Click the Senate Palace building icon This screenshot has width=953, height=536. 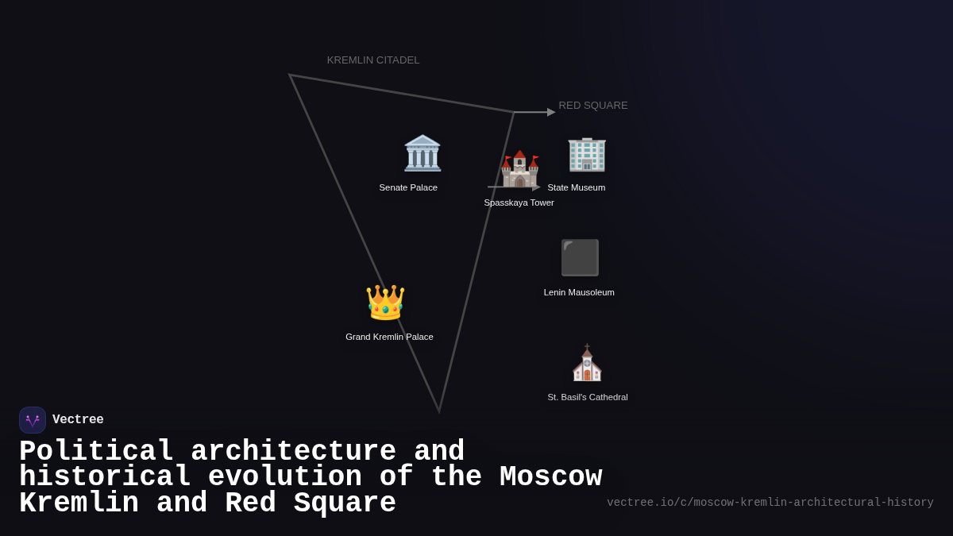pos(422,153)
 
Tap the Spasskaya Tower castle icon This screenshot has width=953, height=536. pos(519,168)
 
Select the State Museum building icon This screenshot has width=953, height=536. pos(586,153)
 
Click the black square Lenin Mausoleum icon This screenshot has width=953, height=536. pos(580,257)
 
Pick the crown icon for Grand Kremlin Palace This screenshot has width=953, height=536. pos(385,303)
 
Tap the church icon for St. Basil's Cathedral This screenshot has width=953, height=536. pos(587,363)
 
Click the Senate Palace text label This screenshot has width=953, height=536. pos(408,187)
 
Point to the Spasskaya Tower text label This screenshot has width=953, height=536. pos(519,202)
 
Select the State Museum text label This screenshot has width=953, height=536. pos(576,187)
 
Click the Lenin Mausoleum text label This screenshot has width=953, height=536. pos(579,292)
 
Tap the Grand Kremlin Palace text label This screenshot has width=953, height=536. pos(389,337)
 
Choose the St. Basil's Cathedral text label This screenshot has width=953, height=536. pos(587,397)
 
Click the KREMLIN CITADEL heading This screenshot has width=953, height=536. pos(373,60)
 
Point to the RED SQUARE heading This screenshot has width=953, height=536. pos(592,106)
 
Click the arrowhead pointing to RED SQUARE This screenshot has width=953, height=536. pos(551,112)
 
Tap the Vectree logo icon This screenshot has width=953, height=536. pos(33,420)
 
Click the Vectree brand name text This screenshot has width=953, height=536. pos(78,420)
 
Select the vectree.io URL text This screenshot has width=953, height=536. pos(770,503)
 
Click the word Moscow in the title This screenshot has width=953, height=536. pos(550,477)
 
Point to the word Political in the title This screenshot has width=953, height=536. pos(96,452)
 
